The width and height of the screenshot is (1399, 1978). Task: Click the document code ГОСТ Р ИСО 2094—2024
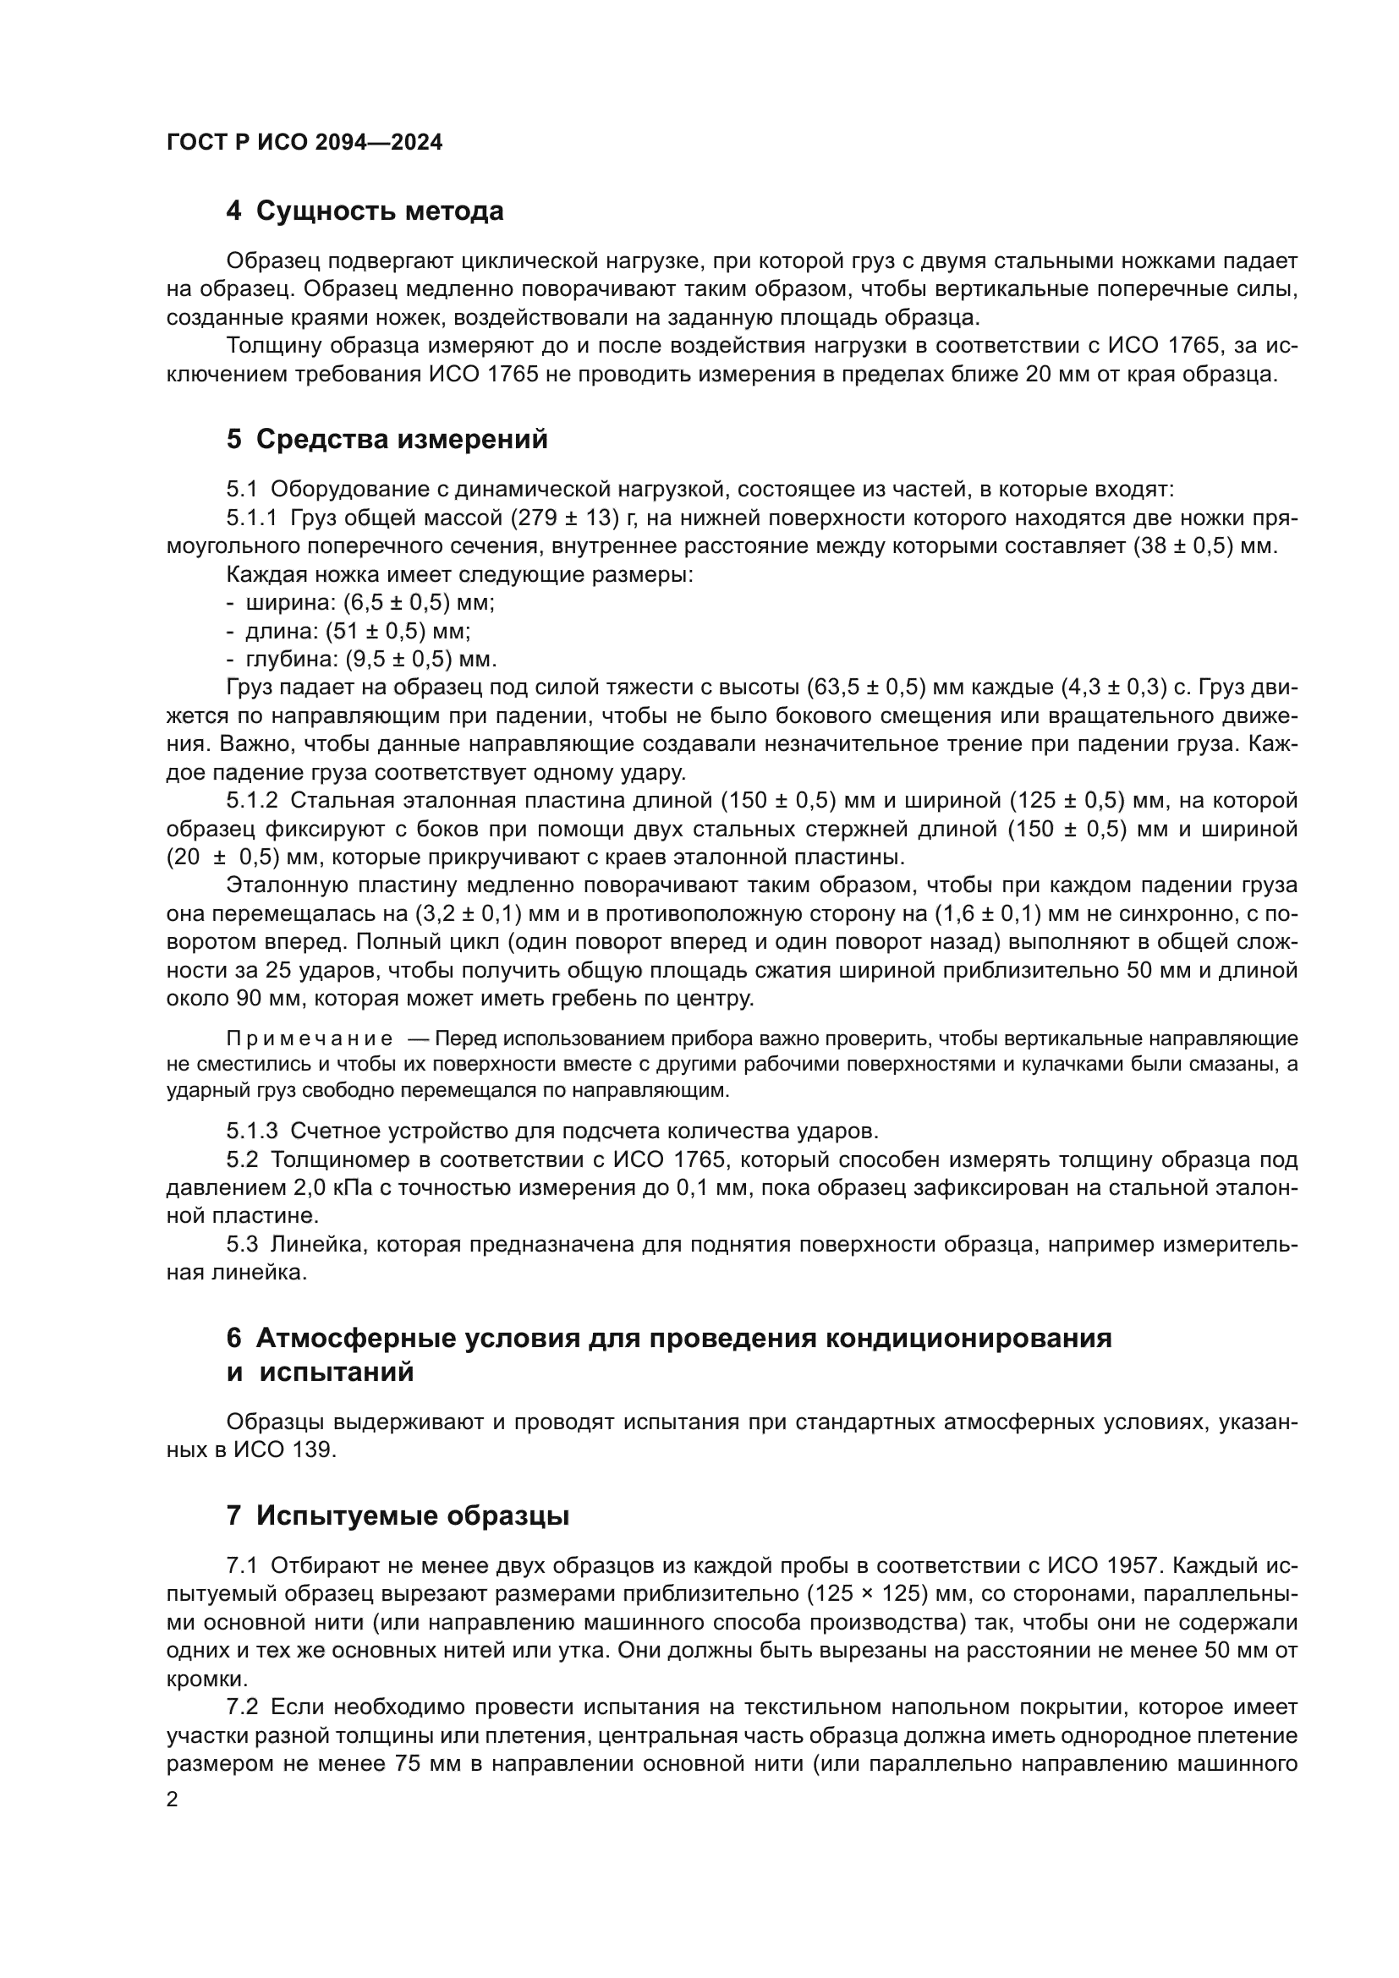click(x=304, y=143)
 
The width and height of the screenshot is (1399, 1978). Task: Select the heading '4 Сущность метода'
click(x=365, y=211)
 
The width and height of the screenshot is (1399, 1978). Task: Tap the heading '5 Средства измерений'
click(x=387, y=440)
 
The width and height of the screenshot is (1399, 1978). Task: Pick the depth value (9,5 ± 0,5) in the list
click(x=399, y=660)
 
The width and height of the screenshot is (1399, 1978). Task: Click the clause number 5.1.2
click(x=251, y=801)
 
